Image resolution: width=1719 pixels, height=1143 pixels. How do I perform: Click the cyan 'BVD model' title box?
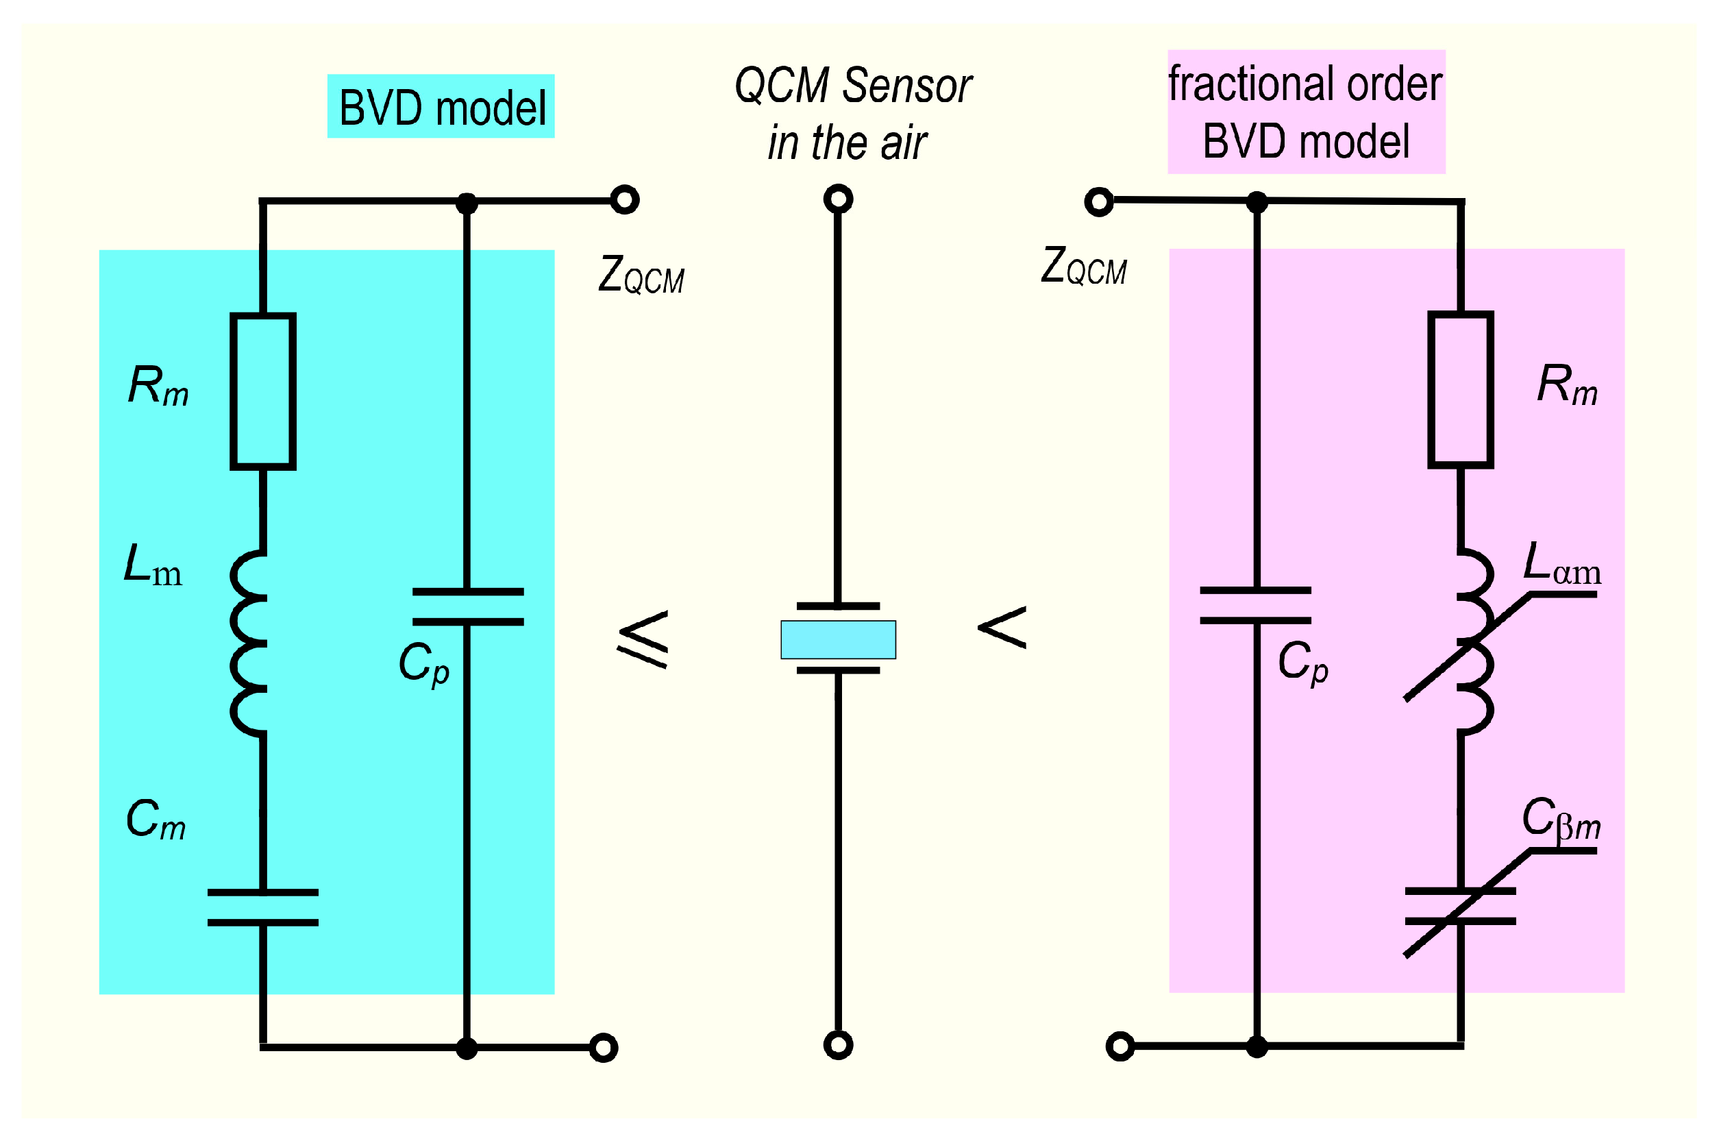440,106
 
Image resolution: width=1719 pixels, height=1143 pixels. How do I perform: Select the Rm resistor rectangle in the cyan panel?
262,391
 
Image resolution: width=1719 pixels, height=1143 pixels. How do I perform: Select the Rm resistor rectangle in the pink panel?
1459,390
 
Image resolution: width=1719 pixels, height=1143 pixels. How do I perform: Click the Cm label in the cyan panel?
156,820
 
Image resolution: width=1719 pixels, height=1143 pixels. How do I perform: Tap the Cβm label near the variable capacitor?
1560,820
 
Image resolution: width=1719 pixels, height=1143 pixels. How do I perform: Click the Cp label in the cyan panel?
423,664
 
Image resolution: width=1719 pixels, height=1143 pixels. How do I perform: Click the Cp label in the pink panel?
1303,663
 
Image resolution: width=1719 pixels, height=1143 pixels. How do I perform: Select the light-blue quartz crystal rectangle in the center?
837,639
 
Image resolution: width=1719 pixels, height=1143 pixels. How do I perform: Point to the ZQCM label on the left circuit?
641,275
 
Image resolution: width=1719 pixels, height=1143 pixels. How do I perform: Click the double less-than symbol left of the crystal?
643,639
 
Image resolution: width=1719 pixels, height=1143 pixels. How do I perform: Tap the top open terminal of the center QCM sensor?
837,199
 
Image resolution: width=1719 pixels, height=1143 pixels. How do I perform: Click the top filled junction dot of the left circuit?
467,204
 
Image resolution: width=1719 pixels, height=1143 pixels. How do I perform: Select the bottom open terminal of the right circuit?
1120,1047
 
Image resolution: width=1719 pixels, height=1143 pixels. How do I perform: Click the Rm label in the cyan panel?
158,386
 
